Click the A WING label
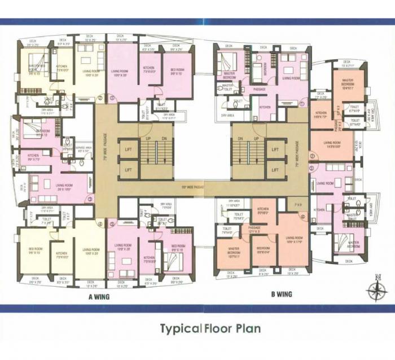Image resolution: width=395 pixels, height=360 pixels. point(98,296)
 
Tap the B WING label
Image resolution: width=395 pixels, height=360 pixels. point(281,293)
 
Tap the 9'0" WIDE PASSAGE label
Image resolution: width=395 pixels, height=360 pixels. point(190,186)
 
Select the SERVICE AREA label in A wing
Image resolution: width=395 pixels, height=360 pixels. point(84,151)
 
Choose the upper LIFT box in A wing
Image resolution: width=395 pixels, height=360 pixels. point(128,149)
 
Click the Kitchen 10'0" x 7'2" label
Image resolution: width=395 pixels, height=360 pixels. point(321,115)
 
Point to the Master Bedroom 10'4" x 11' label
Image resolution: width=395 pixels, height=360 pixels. point(346,85)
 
